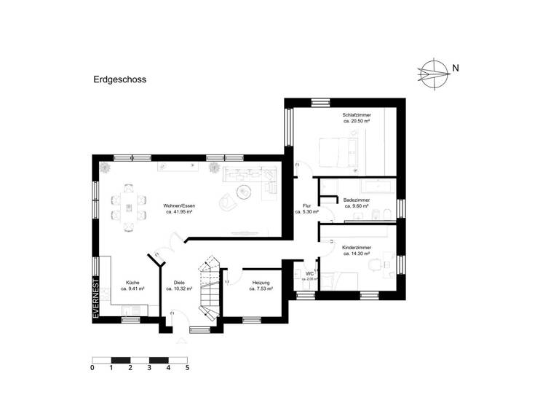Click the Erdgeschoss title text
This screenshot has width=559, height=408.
[120, 81]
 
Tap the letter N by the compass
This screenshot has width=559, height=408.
[455, 69]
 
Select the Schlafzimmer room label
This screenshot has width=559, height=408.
[357, 115]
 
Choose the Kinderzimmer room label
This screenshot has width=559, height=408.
[357, 248]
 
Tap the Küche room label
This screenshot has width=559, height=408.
[132, 282]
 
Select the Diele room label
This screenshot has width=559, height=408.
[179, 282]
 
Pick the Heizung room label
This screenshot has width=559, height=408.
[261, 282]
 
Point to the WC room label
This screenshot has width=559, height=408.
[309, 274]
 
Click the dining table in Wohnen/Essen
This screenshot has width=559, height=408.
[128, 207]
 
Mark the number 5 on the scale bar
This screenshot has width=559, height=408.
[187, 368]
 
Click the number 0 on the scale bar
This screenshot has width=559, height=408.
[92, 368]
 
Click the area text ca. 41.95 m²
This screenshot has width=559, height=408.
[179, 212]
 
